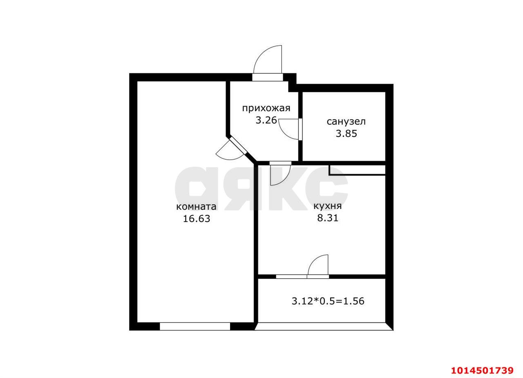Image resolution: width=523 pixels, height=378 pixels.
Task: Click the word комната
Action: tap(196, 207)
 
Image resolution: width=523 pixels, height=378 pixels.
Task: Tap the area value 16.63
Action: tap(197, 219)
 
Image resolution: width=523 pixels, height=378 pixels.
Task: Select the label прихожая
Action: tap(266, 109)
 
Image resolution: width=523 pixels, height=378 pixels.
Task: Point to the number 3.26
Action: tap(266, 120)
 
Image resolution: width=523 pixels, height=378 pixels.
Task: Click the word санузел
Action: tap(346, 122)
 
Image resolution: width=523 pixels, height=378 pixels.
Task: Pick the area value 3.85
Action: tap(346, 134)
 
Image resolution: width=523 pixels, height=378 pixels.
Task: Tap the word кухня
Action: tap(327, 206)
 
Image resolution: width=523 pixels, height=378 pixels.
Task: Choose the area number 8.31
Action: tap(328, 218)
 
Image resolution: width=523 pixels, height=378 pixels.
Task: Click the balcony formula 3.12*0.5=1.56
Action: tap(328, 301)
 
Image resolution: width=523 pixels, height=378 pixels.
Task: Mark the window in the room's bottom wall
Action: tap(195, 326)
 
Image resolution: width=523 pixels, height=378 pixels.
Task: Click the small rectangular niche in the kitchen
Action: tap(357, 170)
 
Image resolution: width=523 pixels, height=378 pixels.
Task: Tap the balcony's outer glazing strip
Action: tap(324, 326)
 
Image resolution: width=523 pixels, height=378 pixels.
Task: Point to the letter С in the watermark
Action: tap(327, 188)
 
